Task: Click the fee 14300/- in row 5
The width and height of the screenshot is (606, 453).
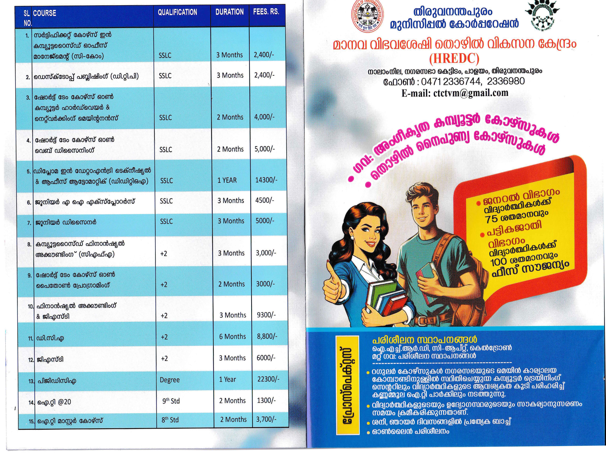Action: click(266, 180)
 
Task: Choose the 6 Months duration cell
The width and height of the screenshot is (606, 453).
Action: click(232, 336)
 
